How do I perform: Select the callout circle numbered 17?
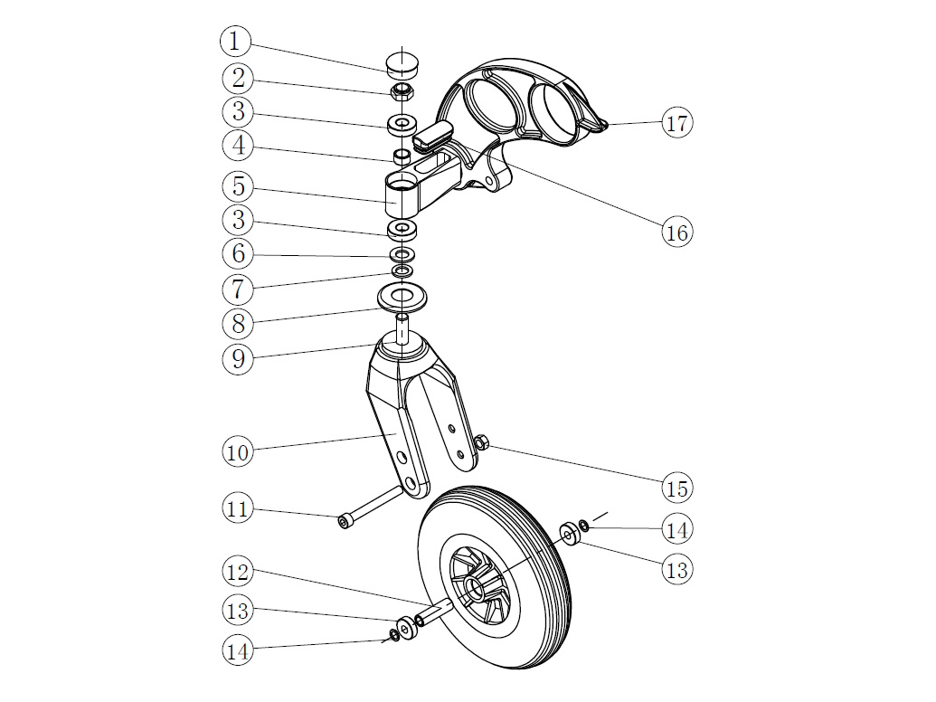coord(677,123)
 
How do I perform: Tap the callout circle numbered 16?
coord(676,232)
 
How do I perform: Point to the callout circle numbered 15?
coord(676,489)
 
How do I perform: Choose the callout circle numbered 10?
coord(237,451)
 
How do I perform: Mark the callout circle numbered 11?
coord(237,508)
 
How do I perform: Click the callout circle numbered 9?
coord(237,358)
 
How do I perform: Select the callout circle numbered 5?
coord(237,187)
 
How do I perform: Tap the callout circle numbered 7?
coord(237,289)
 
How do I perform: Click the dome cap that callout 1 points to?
coord(403,63)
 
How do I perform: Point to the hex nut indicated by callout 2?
coord(402,91)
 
